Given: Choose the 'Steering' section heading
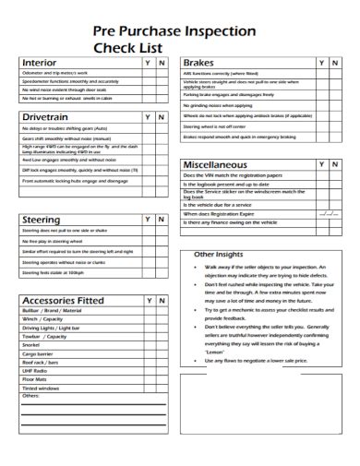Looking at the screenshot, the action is [42, 220].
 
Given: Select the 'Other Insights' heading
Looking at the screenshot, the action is [218, 256].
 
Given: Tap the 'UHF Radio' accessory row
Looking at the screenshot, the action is [35, 369].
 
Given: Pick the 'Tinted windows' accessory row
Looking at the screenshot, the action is [41, 387].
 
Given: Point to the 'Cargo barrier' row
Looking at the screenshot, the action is [39, 352].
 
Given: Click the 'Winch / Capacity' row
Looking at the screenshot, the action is [42, 319].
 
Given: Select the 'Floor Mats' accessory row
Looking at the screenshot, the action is [34, 378].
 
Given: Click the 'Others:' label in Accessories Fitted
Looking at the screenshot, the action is [32, 395].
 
